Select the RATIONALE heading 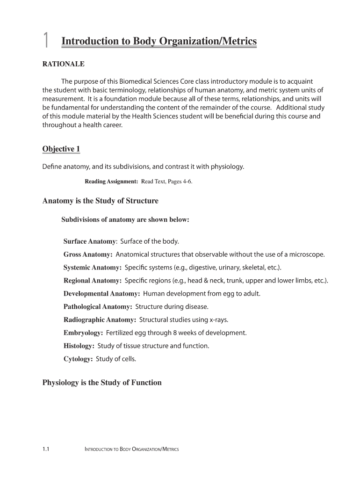[x=64, y=64]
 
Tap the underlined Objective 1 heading [x=61, y=149]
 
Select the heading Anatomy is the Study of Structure [x=101, y=201]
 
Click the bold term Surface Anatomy [x=90, y=241]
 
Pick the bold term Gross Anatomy [x=87, y=254]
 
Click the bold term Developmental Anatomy [x=101, y=294]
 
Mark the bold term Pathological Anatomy [x=98, y=307]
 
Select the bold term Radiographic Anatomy [x=100, y=320]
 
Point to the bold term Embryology [x=83, y=333]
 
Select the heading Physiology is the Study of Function [x=102, y=383]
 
